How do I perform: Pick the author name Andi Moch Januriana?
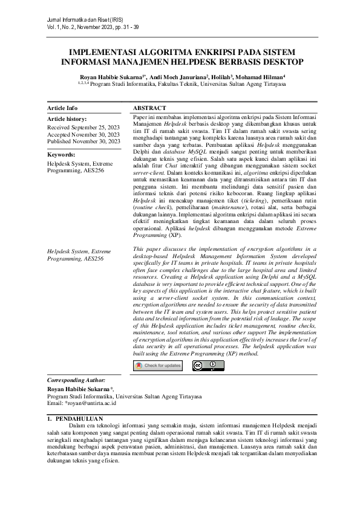(176, 77)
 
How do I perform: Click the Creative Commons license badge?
(205, 365)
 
